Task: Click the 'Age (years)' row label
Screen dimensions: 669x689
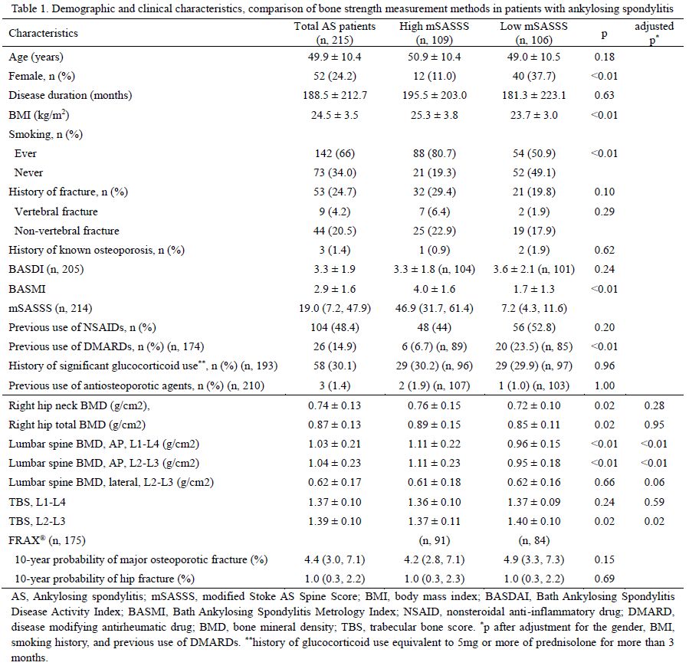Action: [x=36, y=57]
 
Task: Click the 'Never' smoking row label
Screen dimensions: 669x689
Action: [x=30, y=173]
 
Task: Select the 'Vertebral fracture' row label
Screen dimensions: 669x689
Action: [x=56, y=212]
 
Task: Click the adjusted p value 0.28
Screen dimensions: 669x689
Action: [x=653, y=406]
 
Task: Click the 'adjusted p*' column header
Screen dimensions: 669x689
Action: [x=653, y=33]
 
